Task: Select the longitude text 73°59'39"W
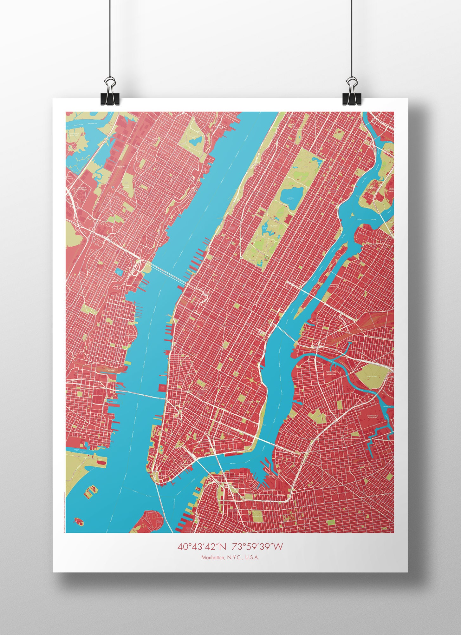click(x=257, y=546)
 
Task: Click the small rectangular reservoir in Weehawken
click(x=119, y=272)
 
